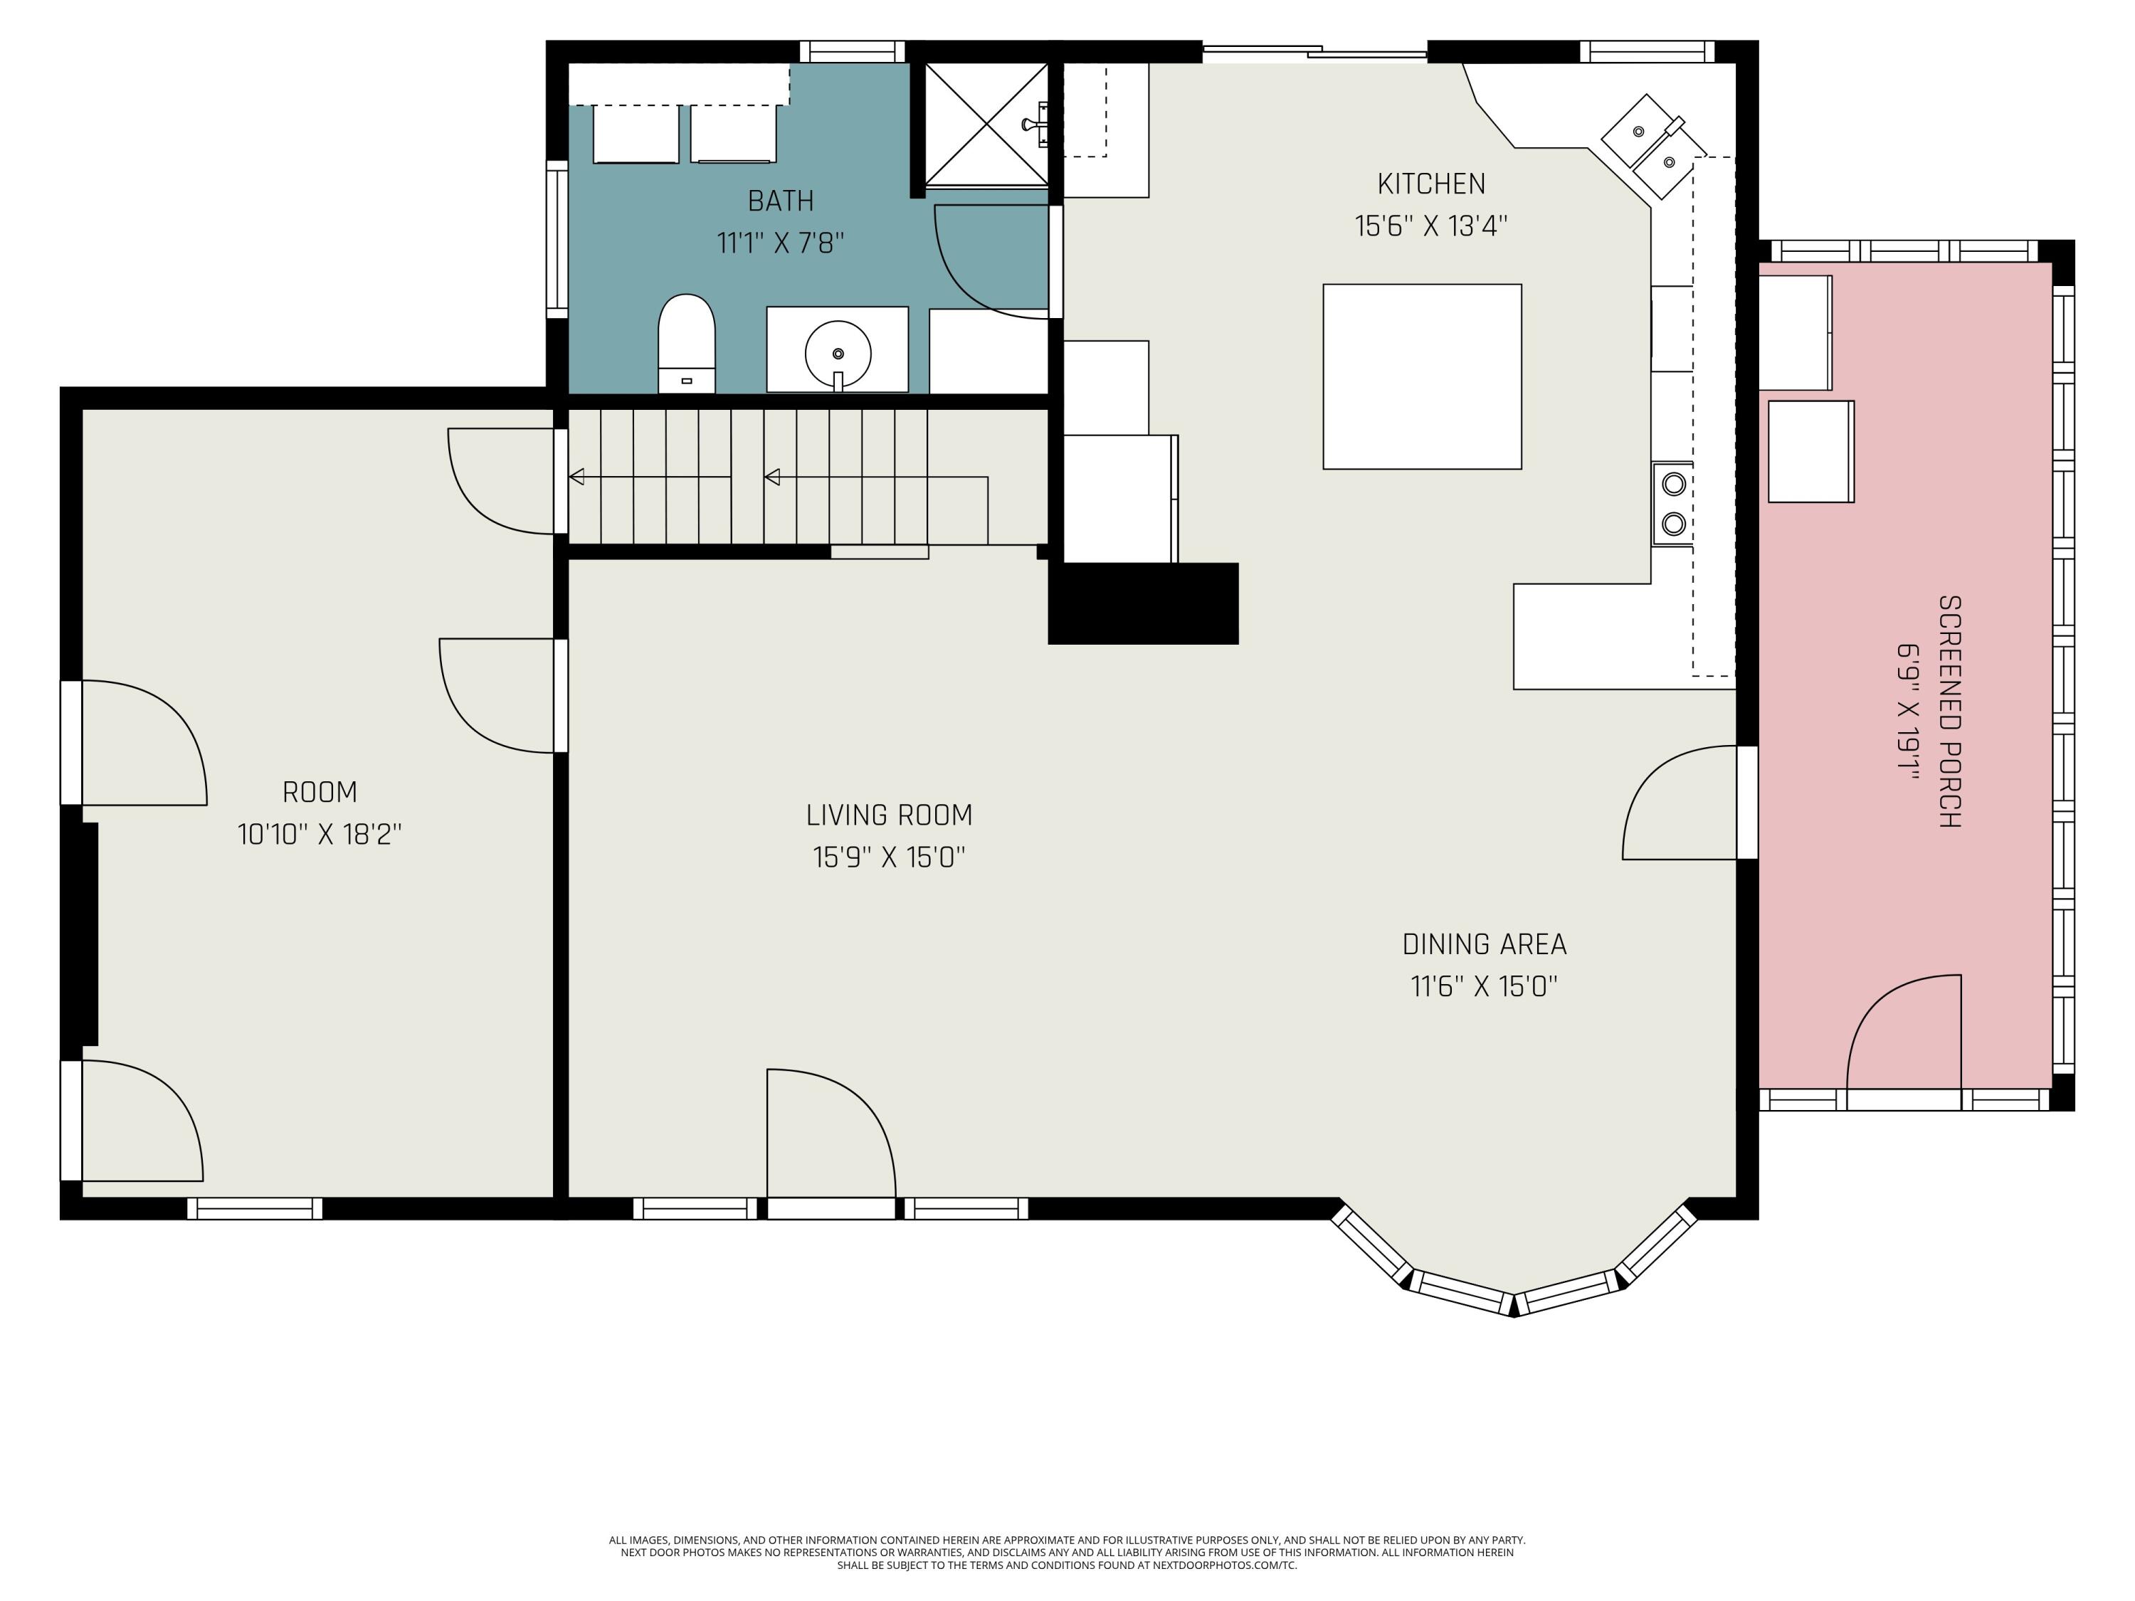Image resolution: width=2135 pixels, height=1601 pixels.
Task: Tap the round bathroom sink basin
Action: click(838, 353)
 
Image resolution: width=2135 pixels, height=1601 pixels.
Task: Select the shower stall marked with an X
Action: click(986, 125)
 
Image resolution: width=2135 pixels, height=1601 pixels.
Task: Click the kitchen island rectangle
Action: click(1422, 376)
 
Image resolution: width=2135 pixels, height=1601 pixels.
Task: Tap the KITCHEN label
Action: click(1430, 184)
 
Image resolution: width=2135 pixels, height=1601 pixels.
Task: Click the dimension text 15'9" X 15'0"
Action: click(888, 857)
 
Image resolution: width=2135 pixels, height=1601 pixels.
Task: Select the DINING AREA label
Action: click(1484, 944)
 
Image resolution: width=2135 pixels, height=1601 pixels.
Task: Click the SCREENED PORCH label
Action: click(1950, 712)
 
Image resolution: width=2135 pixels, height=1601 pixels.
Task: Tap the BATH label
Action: click(780, 201)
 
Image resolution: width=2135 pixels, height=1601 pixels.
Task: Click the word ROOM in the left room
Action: click(320, 792)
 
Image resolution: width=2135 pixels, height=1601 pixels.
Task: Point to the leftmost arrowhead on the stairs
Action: click(576, 477)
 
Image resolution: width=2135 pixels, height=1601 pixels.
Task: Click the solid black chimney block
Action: click(1143, 603)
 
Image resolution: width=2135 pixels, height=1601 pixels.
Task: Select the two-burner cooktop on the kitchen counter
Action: click(1672, 504)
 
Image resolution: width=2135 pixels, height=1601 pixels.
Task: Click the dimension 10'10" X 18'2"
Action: click(320, 834)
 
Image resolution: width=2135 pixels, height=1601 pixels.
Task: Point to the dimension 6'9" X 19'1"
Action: click(1908, 712)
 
